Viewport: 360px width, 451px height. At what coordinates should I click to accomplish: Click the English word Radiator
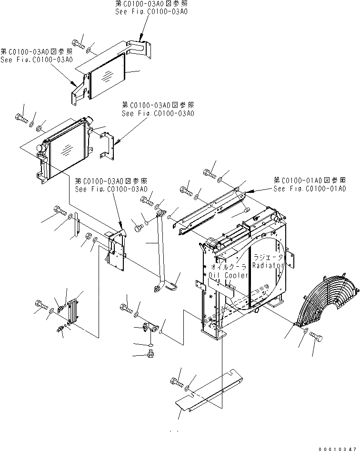268,265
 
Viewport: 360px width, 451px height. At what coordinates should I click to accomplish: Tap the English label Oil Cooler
228,275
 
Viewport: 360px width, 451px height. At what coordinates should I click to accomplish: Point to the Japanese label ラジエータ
269,256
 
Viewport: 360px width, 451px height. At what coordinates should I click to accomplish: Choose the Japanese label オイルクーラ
228,268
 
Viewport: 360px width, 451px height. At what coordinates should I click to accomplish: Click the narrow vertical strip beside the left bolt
75,228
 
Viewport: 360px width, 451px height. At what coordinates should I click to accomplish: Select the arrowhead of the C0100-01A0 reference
248,193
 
